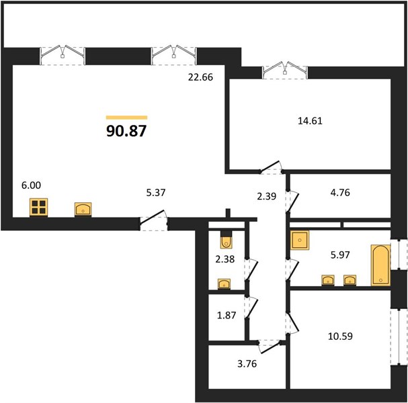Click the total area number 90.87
(x=127, y=131)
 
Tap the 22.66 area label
(x=200, y=77)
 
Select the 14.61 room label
(x=310, y=121)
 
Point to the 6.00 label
(x=31, y=185)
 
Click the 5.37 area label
(x=156, y=193)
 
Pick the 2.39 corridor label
(x=266, y=196)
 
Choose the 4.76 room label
(x=340, y=193)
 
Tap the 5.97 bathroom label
(x=340, y=255)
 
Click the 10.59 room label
(x=340, y=337)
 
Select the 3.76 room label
(x=247, y=364)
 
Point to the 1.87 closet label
(x=227, y=316)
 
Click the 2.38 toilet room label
(x=225, y=259)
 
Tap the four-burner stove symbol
(x=38, y=208)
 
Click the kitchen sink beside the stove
(x=83, y=210)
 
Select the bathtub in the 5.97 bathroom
(x=380, y=265)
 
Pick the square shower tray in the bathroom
(x=300, y=240)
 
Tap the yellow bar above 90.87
(x=127, y=118)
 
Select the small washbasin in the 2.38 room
(x=224, y=284)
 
